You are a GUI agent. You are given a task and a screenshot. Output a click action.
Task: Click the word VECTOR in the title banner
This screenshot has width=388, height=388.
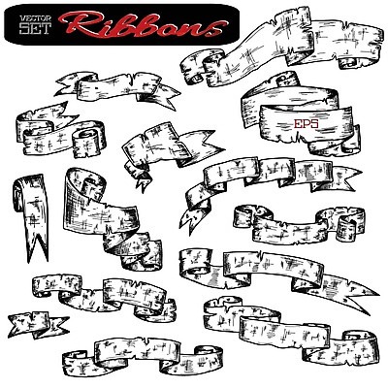(35, 18)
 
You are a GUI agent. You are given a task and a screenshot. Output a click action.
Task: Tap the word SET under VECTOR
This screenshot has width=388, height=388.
(35, 29)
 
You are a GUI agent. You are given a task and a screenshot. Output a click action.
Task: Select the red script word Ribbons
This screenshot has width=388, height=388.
(143, 25)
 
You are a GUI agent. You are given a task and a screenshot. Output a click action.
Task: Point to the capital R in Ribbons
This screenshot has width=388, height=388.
(81, 25)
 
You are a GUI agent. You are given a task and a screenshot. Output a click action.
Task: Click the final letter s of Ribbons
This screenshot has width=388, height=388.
(216, 28)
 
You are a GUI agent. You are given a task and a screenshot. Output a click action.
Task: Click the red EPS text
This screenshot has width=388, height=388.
(306, 123)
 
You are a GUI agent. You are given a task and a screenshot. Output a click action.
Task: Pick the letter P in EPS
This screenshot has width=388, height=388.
(307, 123)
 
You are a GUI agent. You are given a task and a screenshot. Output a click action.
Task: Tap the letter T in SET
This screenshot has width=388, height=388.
(46, 29)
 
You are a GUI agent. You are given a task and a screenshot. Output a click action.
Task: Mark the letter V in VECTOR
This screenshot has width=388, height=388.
(22, 18)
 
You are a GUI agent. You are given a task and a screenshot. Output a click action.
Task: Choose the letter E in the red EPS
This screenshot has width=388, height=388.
(297, 123)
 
